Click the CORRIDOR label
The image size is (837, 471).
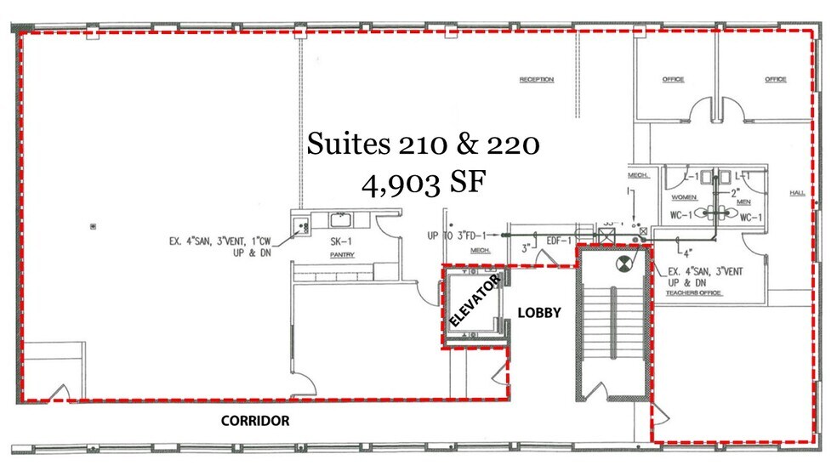pyautogui.click(x=255, y=421)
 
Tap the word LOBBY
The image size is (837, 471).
pyautogui.click(x=539, y=313)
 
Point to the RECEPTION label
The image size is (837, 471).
pyautogui.click(x=537, y=80)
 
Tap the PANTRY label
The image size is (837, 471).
pyautogui.click(x=343, y=254)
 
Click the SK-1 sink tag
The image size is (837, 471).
pyautogui.click(x=342, y=241)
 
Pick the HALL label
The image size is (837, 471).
pyautogui.click(x=797, y=193)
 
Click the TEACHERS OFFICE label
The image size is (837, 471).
pyautogui.click(x=693, y=292)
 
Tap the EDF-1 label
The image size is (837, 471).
pyautogui.click(x=557, y=241)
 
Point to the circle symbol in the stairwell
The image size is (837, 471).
pyautogui.click(x=624, y=264)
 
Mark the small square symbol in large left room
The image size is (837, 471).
pyautogui.click(x=93, y=226)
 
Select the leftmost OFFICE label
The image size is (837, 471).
pyautogui.click(x=674, y=80)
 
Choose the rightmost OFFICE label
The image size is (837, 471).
pyautogui.click(x=775, y=80)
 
